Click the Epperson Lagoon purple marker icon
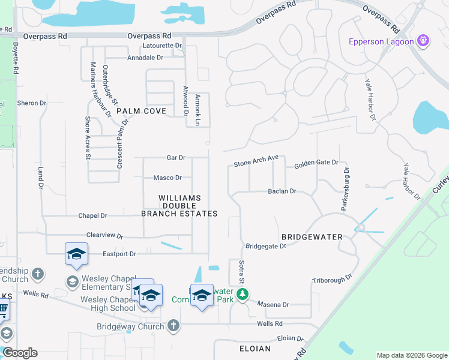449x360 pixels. tap(424, 41)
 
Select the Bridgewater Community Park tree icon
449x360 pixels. tap(243, 294)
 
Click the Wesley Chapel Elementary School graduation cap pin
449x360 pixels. tap(76, 254)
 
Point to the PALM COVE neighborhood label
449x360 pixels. tap(141, 111)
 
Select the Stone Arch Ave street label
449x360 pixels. tap(256, 161)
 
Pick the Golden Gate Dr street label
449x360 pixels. tap(316, 163)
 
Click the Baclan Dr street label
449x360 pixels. tap(282, 191)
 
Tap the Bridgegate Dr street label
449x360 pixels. tap(266, 246)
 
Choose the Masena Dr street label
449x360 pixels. tap(273, 305)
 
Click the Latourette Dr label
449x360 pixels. tap(162, 46)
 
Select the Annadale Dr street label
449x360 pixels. tap(145, 58)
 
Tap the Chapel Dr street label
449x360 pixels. tap(92, 215)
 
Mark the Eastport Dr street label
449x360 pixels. tap(119, 254)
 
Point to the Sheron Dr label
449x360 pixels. tap(32, 103)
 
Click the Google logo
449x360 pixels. tap(19, 353)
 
